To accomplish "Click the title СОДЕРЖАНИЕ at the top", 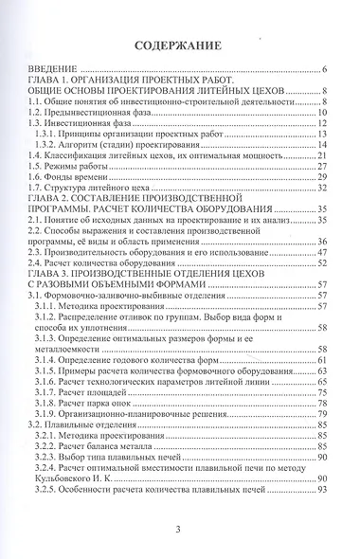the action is (178, 45).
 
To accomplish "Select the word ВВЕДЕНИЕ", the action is (53, 71).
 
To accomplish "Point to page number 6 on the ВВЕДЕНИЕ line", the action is (324, 71).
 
